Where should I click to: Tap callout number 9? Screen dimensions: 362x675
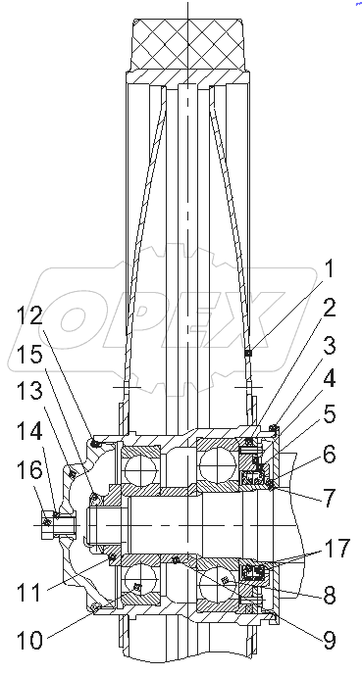330,641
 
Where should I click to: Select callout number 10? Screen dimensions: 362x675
30,641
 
